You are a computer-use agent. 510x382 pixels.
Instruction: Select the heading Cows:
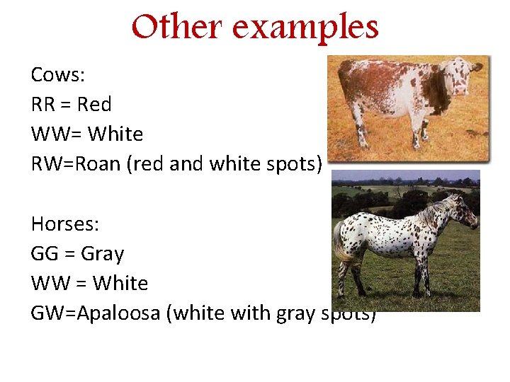[57, 75]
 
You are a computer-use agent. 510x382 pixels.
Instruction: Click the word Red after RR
[94, 105]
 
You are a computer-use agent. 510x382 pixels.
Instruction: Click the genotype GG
[45, 254]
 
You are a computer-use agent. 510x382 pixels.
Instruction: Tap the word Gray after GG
[102, 254]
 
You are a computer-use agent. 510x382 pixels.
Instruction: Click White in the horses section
[120, 284]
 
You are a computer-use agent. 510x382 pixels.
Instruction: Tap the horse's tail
[340, 244]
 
